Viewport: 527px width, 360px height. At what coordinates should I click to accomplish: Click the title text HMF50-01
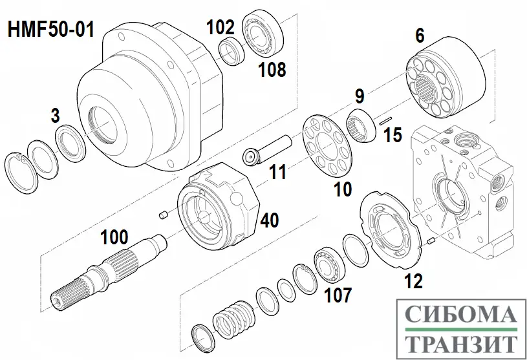point(51,30)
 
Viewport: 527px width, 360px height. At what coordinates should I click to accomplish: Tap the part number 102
point(220,26)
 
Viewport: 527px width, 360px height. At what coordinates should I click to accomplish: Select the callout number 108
point(272,70)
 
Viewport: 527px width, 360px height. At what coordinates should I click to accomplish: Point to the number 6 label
point(420,36)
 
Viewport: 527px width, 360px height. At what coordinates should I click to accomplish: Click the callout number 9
point(360,97)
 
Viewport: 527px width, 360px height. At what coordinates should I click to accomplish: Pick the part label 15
point(393,135)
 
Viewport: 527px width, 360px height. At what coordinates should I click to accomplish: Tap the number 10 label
point(342,189)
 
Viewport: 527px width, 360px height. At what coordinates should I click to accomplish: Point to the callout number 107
point(339,295)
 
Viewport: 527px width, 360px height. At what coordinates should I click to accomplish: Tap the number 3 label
point(56,116)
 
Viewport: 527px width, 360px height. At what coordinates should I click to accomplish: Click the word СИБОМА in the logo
point(460,315)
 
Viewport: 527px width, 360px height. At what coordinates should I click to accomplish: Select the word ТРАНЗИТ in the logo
point(460,343)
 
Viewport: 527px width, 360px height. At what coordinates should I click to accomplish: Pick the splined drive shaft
point(103,271)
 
